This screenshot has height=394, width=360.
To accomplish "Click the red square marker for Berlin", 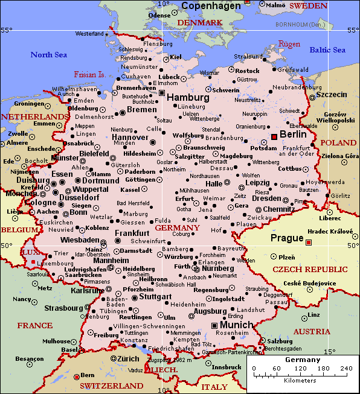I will [x=274, y=136].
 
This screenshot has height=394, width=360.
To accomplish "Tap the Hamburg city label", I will [x=188, y=97].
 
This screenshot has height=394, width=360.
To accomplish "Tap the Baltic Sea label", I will [x=327, y=50].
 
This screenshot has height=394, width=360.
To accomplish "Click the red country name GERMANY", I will [x=177, y=228].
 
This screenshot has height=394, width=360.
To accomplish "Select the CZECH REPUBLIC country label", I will [x=310, y=269].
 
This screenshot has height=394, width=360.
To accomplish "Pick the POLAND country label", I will [x=338, y=143].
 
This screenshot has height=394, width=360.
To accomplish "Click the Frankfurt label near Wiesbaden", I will [x=132, y=233].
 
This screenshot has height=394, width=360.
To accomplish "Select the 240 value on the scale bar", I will [x=346, y=368].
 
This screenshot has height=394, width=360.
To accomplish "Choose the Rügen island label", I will [x=289, y=44].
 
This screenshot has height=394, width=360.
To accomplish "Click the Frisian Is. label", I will [x=89, y=75].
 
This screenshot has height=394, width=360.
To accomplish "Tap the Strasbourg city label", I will [x=63, y=308].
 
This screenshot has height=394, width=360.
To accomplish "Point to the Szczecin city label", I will [x=332, y=95].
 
